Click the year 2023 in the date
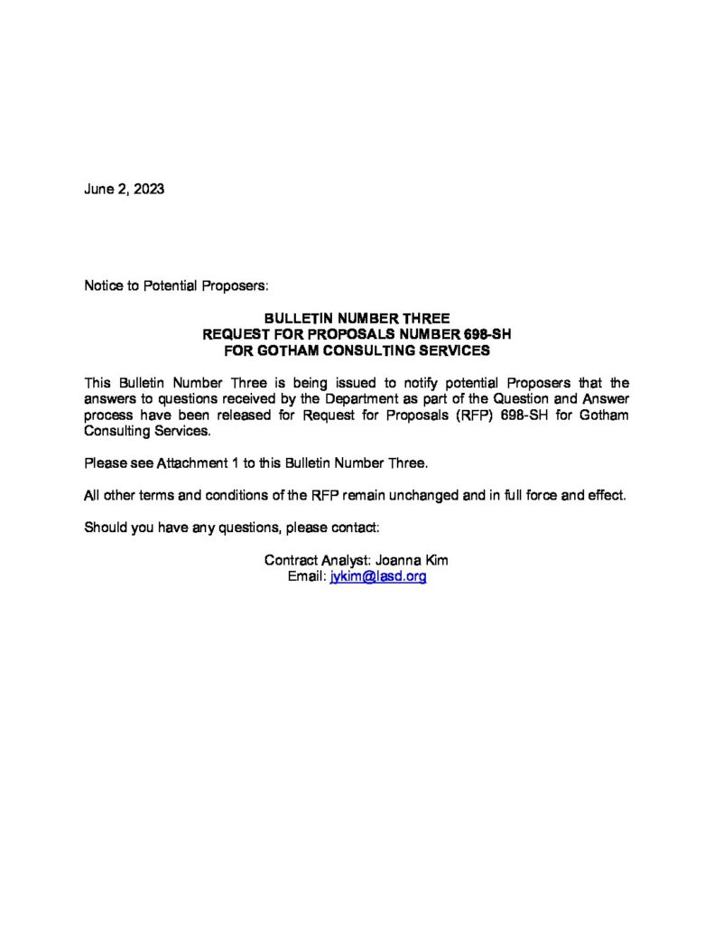coord(149,191)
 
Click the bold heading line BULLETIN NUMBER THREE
coord(357,319)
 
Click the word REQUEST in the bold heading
coord(235,334)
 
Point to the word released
coord(269,415)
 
